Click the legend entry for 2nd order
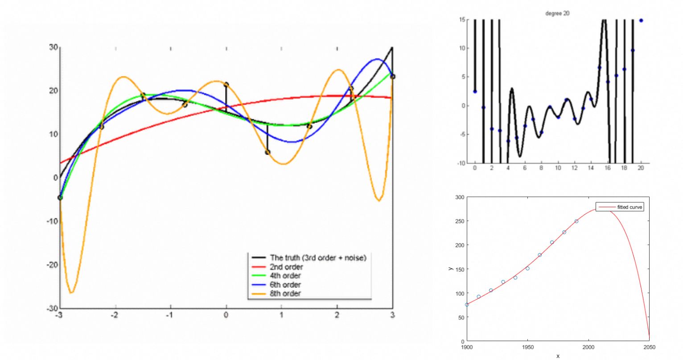pyautogui.click(x=286, y=267)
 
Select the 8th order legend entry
pyautogui.click(x=285, y=294)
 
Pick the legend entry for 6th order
pyautogui.click(x=285, y=285)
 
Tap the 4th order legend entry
pyautogui.click(x=285, y=276)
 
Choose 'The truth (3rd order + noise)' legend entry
pyautogui.click(x=317, y=258)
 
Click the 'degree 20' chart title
pyautogui.click(x=557, y=13)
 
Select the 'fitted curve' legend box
pyautogui.click(x=620, y=207)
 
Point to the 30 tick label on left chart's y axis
pyautogui.click(x=53, y=47)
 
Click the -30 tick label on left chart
pyautogui.click(x=53, y=308)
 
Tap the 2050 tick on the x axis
pyautogui.click(x=649, y=347)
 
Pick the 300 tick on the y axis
pyautogui.click(x=459, y=197)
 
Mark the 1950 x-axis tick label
pyautogui.click(x=527, y=347)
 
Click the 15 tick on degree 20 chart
pyautogui.click(x=462, y=20)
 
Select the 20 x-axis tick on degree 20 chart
pyautogui.click(x=641, y=168)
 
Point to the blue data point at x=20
pyautogui.click(x=641, y=20)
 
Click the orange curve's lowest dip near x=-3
pyautogui.click(x=71, y=292)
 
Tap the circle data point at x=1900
pyautogui.click(x=467, y=305)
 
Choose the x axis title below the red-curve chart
pyautogui.click(x=558, y=356)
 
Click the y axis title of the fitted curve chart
pyautogui.click(x=451, y=269)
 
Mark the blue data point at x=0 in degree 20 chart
pyautogui.click(x=475, y=91)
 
